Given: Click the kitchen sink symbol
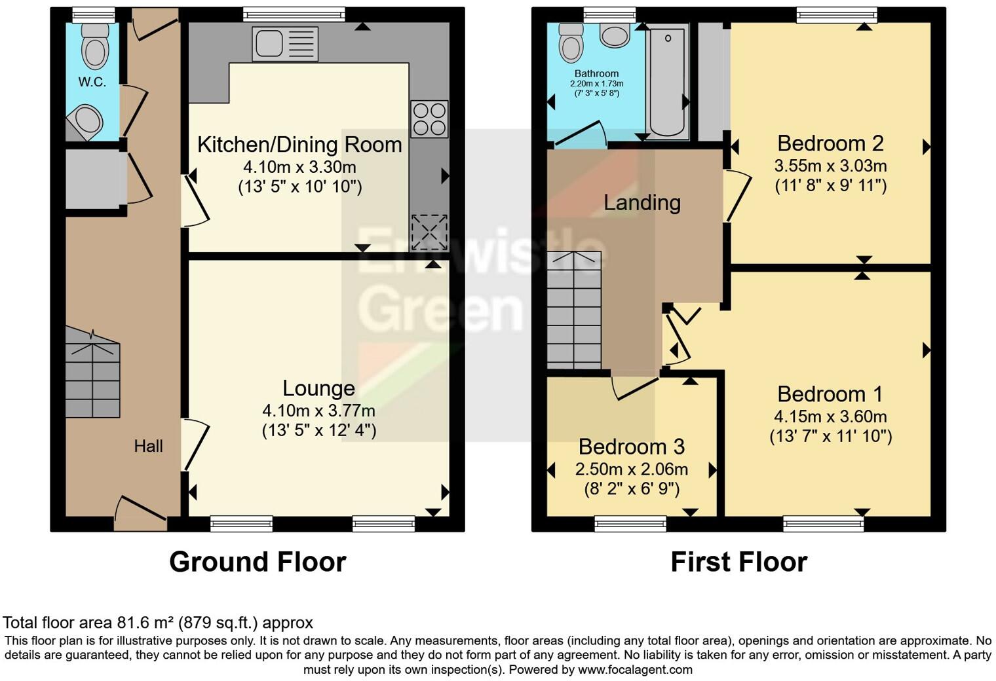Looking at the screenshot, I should point(284,44).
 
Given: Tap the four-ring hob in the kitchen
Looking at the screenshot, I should point(429,119).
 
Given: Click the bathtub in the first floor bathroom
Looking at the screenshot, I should point(667,82).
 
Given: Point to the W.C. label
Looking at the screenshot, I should point(92,82).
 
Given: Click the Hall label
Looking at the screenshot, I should point(148,447).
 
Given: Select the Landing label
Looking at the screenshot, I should point(642,202).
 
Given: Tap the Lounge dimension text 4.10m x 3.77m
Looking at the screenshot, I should point(318,411).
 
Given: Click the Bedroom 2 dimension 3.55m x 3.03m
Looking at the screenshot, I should point(830,166).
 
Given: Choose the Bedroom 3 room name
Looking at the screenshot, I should point(631,447).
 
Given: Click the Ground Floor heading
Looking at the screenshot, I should point(258,562).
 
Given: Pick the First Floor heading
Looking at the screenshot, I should point(738,562).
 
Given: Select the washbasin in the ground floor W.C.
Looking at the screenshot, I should point(86,122).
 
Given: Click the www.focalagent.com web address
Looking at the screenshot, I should point(635,669).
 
